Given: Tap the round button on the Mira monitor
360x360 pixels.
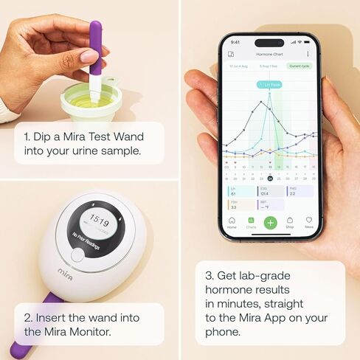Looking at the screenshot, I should (78, 256).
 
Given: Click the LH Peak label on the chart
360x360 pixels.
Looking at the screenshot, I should (268, 85).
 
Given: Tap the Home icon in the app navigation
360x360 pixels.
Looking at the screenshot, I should (232, 221).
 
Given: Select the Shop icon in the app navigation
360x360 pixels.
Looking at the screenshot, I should (290, 221).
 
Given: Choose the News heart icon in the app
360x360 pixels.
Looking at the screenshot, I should (308, 221).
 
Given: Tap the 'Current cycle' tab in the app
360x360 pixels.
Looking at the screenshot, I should (300, 66).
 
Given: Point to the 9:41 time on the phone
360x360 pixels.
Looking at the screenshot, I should (235, 41).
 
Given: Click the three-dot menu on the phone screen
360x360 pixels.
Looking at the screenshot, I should (308, 54).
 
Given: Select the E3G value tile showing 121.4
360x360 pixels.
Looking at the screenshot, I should (267, 192).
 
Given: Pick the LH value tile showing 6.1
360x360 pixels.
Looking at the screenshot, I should (239, 192).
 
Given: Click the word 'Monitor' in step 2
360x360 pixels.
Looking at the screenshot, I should (85, 331).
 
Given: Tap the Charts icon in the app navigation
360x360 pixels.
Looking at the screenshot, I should (251, 221).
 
